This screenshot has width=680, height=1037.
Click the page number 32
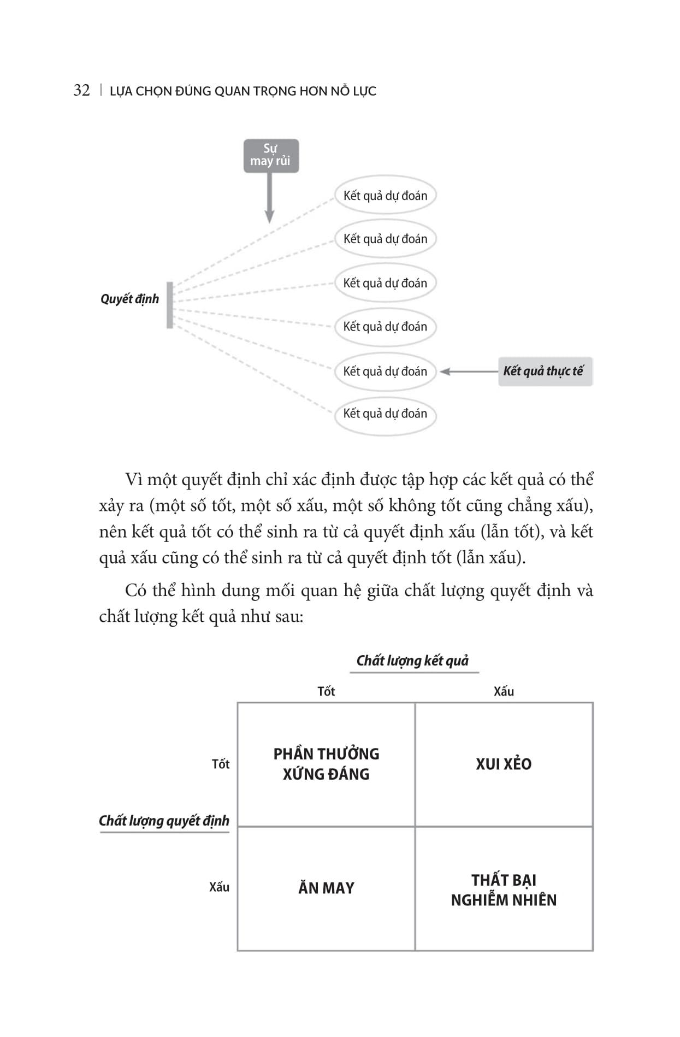[81, 90]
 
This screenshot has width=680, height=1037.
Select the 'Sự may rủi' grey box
[271, 156]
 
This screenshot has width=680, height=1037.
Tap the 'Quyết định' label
[129, 299]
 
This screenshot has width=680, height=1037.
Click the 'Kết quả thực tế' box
[545, 372]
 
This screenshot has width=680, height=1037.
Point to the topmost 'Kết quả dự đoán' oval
[385, 196]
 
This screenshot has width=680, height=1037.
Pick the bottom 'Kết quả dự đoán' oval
[385, 414]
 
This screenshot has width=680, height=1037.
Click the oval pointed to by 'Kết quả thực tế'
[385, 372]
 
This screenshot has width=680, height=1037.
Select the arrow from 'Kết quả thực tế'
[469, 372]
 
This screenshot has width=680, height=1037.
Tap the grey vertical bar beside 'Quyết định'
[170, 305]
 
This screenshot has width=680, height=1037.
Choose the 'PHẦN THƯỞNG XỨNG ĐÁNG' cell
[326, 764]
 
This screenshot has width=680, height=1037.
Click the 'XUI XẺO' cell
[504, 764]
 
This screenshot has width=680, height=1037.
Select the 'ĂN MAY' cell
[326, 888]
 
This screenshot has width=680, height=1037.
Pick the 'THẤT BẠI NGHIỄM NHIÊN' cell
[504, 890]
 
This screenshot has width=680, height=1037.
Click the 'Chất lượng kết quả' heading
[413, 661]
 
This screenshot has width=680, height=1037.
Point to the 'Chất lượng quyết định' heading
[164, 821]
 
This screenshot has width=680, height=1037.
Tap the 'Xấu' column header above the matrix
[504, 691]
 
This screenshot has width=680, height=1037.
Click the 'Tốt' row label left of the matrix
[221, 764]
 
